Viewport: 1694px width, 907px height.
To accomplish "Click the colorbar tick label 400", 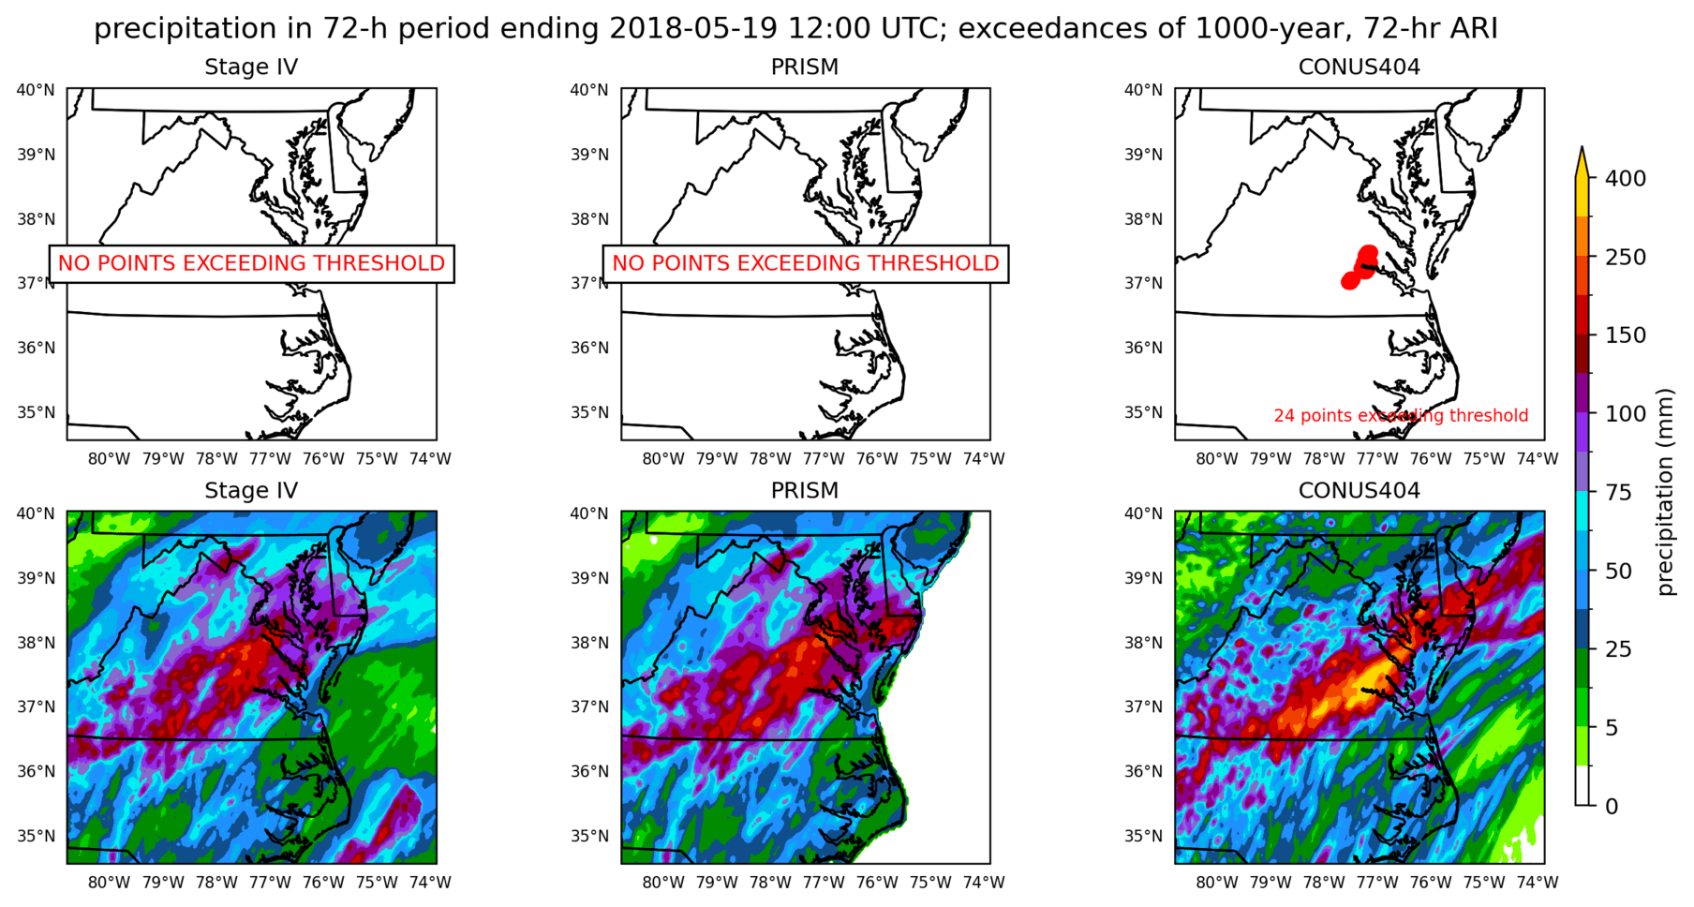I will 1625,178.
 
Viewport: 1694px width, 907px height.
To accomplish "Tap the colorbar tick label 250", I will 1625,257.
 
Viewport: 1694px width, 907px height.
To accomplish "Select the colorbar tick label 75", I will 1618,492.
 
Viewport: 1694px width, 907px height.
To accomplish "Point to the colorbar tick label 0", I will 1612,806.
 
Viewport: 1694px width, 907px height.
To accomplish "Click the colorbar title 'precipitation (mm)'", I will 1665,492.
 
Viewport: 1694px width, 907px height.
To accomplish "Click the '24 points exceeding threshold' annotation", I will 1401,415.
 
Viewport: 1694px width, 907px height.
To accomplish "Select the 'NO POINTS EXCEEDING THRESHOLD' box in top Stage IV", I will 251,263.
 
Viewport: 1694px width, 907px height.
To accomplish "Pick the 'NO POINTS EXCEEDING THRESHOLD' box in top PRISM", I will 805,263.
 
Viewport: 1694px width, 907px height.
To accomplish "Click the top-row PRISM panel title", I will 804,67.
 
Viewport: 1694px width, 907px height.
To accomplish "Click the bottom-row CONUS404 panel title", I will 1359,490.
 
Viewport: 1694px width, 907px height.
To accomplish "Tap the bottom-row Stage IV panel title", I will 251,490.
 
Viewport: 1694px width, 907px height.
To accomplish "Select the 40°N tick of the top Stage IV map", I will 36,90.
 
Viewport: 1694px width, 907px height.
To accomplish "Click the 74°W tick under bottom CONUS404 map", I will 1538,882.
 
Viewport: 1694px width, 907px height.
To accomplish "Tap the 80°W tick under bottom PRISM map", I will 662,882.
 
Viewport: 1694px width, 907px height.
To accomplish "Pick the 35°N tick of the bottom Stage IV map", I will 36,836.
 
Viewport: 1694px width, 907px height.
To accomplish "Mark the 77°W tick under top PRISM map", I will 824,458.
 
